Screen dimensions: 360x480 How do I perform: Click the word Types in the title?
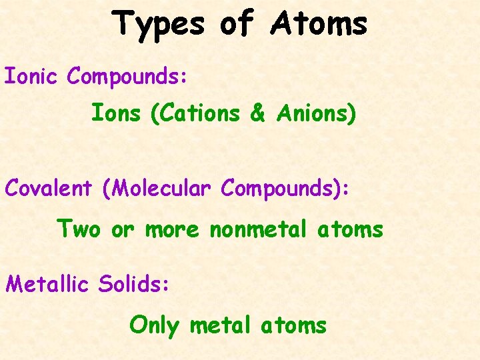[159, 24]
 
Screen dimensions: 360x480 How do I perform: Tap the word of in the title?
[237, 24]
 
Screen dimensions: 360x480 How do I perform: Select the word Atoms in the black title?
[319, 24]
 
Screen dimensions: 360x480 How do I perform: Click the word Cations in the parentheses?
[196, 115]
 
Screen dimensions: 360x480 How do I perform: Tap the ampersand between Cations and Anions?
[257, 115]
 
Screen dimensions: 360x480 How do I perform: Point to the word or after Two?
[123, 230]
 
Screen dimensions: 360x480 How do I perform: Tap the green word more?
[172, 230]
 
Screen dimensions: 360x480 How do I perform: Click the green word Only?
[154, 326]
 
